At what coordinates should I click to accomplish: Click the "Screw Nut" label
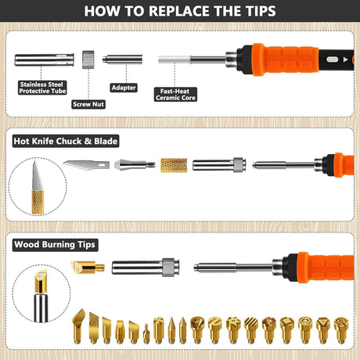tap(88, 104)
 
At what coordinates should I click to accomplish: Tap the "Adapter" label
tap(124, 88)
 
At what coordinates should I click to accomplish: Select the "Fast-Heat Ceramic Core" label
tap(175, 95)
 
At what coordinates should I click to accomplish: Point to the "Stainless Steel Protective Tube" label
tap(42, 88)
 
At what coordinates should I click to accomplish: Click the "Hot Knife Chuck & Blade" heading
tap(66, 141)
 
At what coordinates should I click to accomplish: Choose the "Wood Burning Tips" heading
tap(55, 245)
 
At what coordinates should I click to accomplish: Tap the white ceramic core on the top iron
tap(175, 59)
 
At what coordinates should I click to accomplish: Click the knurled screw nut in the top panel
tap(88, 59)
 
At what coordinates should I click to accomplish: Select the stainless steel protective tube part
tap(45, 59)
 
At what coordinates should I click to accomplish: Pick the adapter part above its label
tap(123, 59)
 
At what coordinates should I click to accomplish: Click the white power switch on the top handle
tap(332, 59)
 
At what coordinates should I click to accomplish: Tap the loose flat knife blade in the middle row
tap(86, 165)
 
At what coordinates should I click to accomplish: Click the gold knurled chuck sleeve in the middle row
tap(174, 165)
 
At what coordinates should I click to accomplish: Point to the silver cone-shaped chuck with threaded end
tap(135, 165)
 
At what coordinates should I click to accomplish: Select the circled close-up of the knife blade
tap(38, 186)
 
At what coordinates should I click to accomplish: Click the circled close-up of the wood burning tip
tap(41, 293)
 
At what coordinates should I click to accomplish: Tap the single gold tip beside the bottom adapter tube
tap(88, 268)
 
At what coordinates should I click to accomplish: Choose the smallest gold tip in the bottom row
tap(146, 334)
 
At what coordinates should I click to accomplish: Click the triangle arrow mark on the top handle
tap(346, 59)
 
